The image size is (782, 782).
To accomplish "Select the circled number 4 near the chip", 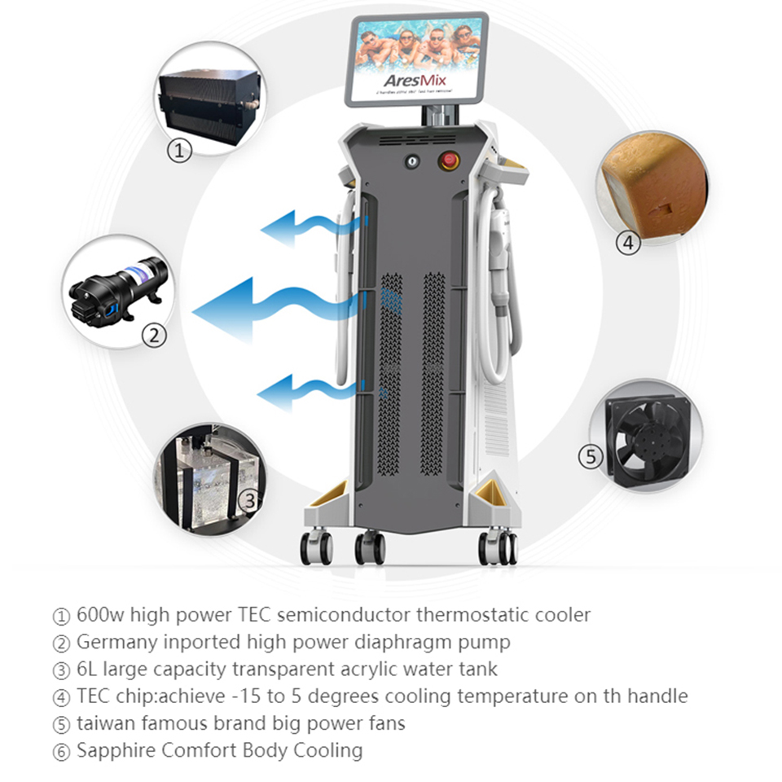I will click(627, 243).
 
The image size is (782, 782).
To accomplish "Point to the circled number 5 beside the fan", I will click(592, 457).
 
